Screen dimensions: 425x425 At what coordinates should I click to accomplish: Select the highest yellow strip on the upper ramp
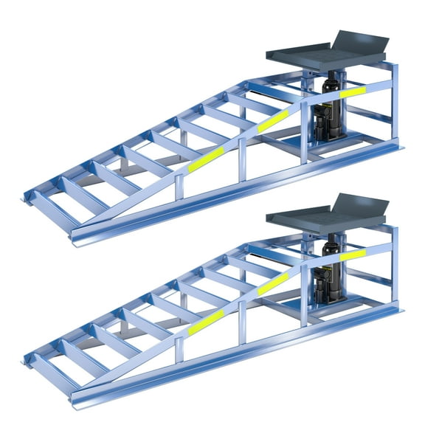click(353, 91)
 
